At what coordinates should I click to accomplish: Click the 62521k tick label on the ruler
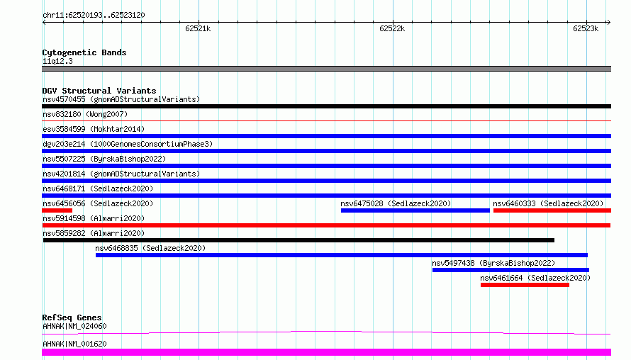coord(198,28)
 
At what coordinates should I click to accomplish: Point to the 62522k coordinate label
coord(392,28)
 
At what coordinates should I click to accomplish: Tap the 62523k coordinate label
coord(586,28)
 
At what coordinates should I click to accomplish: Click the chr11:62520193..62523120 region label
coord(94,16)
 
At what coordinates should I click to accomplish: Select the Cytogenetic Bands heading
coord(84,52)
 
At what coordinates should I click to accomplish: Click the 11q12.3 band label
coord(57,61)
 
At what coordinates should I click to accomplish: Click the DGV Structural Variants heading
coord(99,91)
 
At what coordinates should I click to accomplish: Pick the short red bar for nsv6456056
coord(57,210)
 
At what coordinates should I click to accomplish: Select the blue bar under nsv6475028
coord(415,210)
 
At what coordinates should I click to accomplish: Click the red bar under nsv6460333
coord(552,210)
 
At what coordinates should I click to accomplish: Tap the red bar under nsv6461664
coord(525,285)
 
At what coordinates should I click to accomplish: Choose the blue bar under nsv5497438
coord(510,270)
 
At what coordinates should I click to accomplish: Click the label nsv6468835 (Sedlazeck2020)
coord(150,248)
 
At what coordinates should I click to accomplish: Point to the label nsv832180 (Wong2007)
coord(85,114)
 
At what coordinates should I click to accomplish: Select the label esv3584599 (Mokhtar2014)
coord(94,129)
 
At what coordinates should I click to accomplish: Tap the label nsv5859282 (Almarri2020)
coord(94,233)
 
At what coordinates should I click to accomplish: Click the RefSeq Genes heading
coord(72,317)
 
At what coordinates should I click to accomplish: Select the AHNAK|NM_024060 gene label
coord(74,326)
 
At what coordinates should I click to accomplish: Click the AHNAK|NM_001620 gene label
coord(74,344)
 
